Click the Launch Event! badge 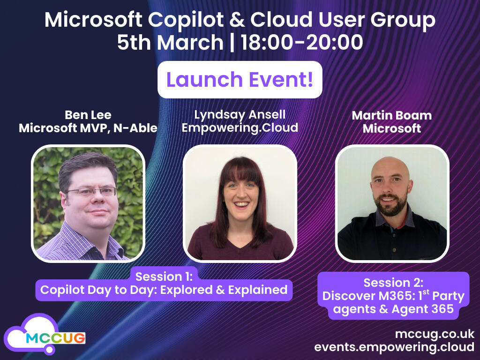pyautogui.click(x=240, y=80)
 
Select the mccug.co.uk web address pyautogui.click(x=435, y=334)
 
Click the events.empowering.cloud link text pyautogui.click(x=394, y=347)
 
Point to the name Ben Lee pyautogui.click(x=88, y=115)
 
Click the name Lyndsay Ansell pyautogui.click(x=240, y=115)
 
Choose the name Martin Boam pyautogui.click(x=392, y=115)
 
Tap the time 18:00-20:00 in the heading pyautogui.click(x=302, y=43)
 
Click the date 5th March pyautogui.click(x=170, y=43)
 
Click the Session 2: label pyautogui.click(x=393, y=283)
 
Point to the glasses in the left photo pyautogui.click(x=91, y=191)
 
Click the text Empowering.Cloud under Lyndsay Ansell pyautogui.click(x=240, y=127)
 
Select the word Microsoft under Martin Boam pyautogui.click(x=392, y=128)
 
